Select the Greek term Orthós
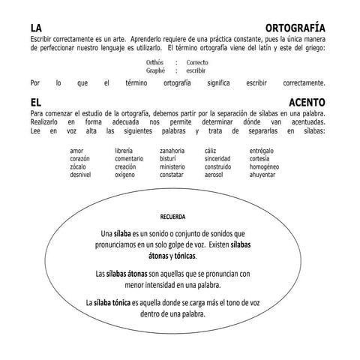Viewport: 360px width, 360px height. [x=155, y=62]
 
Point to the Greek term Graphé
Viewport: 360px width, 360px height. [x=155, y=69]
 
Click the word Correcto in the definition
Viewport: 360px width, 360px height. [x=198, y=62]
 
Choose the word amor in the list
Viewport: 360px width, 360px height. [x=76, y=151]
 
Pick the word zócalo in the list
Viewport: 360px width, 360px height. [x=79, y=166]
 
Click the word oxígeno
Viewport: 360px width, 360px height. [x=125, y=175]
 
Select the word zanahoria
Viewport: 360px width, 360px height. [x=173, y=151]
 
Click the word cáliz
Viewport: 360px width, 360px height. [x=211, y=151]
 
